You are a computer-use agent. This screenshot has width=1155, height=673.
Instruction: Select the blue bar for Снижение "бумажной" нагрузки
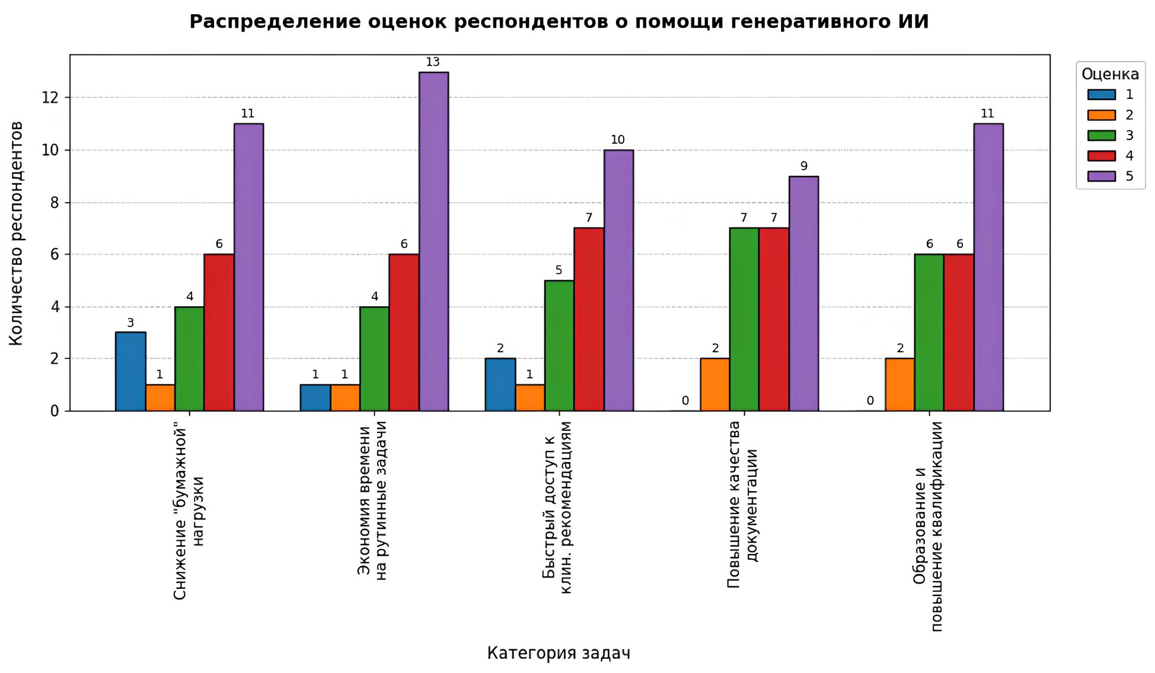click(x=130, y=371)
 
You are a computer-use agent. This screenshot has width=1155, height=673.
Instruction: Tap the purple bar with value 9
click(x=803, y=293)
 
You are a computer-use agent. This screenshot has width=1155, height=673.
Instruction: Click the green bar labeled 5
click(x=559, y=345)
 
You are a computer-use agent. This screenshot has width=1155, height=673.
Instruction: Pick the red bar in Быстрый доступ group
click(x=589, y=319)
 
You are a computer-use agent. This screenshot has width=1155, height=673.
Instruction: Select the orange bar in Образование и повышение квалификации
click(x=899, y=384)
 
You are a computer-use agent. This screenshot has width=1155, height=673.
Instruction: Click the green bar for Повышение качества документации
click(x=744, y=319)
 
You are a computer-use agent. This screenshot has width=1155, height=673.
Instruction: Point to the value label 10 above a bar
click(x=618, y=140)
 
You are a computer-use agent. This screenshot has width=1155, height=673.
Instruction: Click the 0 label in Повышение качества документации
click(x=685, y=401)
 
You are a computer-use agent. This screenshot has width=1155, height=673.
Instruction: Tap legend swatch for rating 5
click(x=1101, y=177)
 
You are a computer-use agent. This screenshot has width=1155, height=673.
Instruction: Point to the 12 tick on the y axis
click(x=51, y=98)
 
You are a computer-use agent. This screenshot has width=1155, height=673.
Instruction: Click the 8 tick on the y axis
click(x=55, y=203)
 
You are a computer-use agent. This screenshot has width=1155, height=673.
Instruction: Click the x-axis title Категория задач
click(x=559, y=653)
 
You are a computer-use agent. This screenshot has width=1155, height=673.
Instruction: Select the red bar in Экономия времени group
click(x=404, y=332)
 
